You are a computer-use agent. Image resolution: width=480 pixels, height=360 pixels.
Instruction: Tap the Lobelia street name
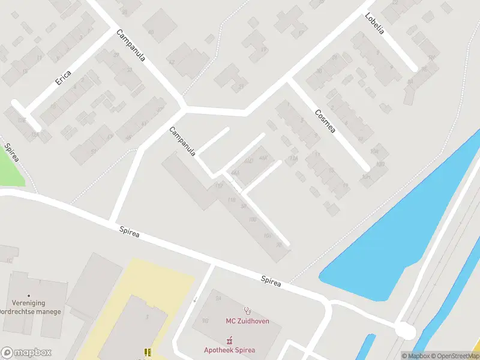pyautogui.click(x=375, y=25)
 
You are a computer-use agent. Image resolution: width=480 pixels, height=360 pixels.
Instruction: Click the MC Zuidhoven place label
pyautogui.click(x=247, y=321)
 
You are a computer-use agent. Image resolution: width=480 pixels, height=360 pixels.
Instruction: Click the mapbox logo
pyautogui.click(x=26, y=353)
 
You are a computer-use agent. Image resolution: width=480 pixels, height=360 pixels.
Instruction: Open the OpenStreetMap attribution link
pyautogui.click(x=454, y=356)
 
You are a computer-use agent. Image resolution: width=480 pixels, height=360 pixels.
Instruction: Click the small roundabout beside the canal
pyautogui.click(x=406, y=331)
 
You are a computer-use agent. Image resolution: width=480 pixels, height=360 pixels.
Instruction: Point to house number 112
pyautogui.click(x=218, y=186)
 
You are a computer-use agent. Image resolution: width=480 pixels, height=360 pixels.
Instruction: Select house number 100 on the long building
pyautogui.click(x=253, y=220)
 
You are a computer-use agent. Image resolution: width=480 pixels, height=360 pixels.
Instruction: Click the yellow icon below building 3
pyautogui.click(x=147, y=352)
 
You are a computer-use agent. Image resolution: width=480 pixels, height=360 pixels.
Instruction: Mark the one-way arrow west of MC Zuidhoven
pyautogui.click(x=195, y=299)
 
